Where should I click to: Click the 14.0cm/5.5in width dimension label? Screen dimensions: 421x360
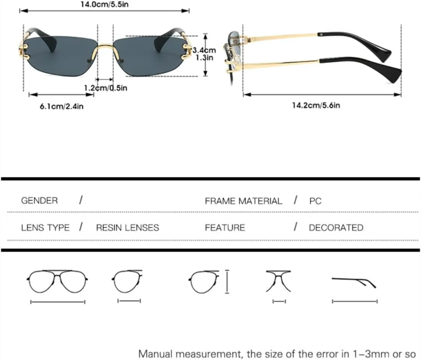104,4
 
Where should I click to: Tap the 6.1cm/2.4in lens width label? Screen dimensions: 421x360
62,106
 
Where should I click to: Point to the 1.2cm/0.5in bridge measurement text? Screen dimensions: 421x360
106,88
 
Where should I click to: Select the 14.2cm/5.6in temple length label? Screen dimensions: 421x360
316,105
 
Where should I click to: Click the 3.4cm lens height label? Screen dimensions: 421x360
204,50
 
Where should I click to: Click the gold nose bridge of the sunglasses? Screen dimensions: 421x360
105,50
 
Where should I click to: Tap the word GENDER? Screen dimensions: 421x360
39,201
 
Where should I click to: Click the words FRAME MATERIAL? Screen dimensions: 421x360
243,201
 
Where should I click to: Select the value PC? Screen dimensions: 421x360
315,201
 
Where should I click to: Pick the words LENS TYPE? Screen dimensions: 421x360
45,228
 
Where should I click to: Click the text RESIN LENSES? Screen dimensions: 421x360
127,228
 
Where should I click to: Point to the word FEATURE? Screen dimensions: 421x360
225,228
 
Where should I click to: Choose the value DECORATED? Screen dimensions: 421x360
336,228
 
